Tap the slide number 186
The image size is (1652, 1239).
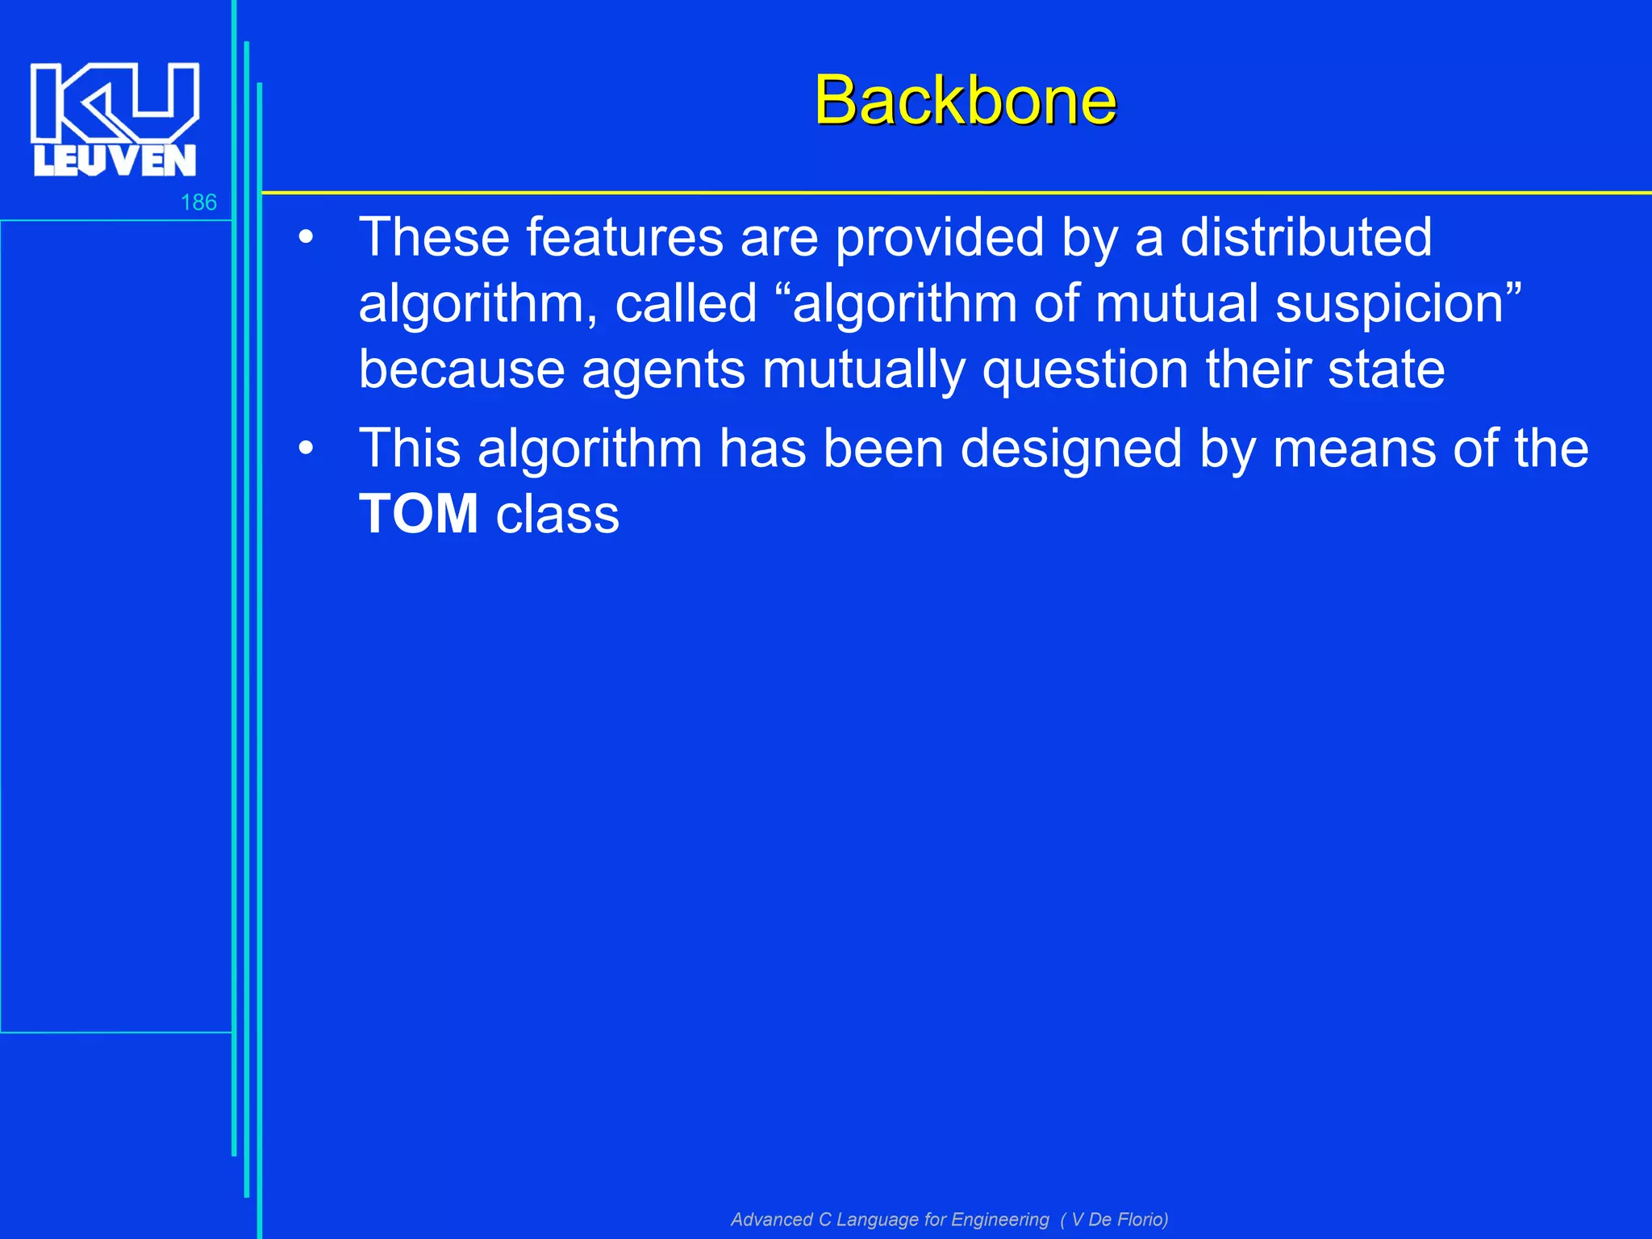point(198,202)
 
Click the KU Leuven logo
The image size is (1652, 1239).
point(115,119)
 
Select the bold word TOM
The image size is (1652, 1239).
point(419,514)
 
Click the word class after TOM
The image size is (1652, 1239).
point(557,515)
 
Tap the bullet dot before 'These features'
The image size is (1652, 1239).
point(305,238)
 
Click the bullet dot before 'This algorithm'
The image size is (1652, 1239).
point(305,448)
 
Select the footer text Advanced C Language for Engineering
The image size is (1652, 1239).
point(890,1219)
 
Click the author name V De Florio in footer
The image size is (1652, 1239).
point(1118,1219)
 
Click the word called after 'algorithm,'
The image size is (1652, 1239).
point(686,304)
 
